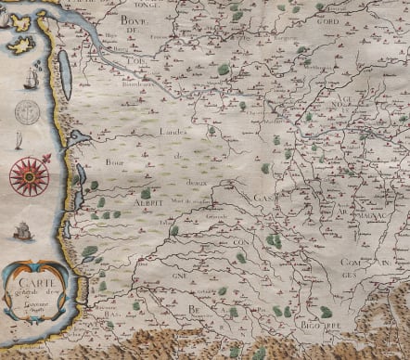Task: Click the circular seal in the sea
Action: (27, 112)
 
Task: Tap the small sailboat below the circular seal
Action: (19, 140)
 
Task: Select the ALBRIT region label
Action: (124, 200)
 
